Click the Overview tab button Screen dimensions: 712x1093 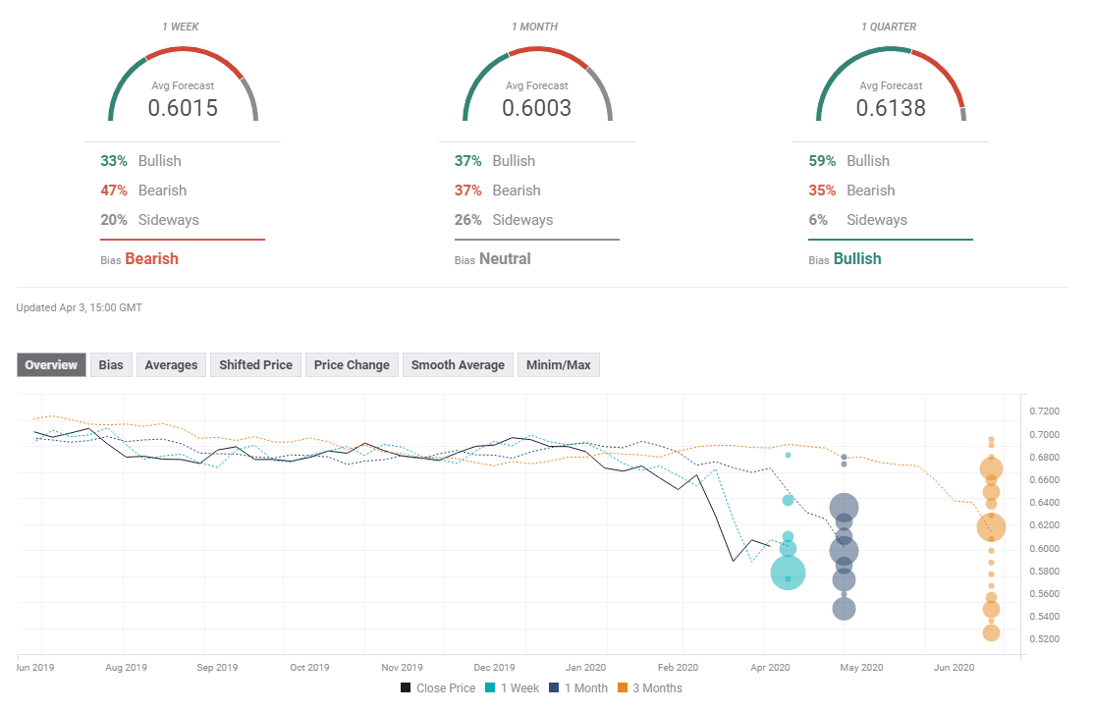tap(51, 365)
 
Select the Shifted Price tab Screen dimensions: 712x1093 tap(255, 365)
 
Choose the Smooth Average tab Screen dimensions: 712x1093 tap(458, 365)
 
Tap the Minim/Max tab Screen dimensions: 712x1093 tap(558, 365)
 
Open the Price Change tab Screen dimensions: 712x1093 tap(352, 365)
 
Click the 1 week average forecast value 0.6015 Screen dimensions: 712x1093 tap(183, 108)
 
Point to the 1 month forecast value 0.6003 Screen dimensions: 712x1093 tap(536, 108)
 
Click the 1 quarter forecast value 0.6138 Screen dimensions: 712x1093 tap(891, 108)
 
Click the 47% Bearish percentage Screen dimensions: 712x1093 tap(114, 191)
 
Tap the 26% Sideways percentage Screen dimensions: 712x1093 tap(467, 220)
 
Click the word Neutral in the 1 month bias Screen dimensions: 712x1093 tap(505, 259)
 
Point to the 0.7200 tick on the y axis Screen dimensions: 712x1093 tap(1043, 411)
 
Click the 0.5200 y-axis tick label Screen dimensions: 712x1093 tap(1043, 639)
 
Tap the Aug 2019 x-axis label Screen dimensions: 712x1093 tap(126, 668)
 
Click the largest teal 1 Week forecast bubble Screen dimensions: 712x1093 tap(789, 573)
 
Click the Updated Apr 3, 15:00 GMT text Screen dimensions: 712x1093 tap(80, 307)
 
